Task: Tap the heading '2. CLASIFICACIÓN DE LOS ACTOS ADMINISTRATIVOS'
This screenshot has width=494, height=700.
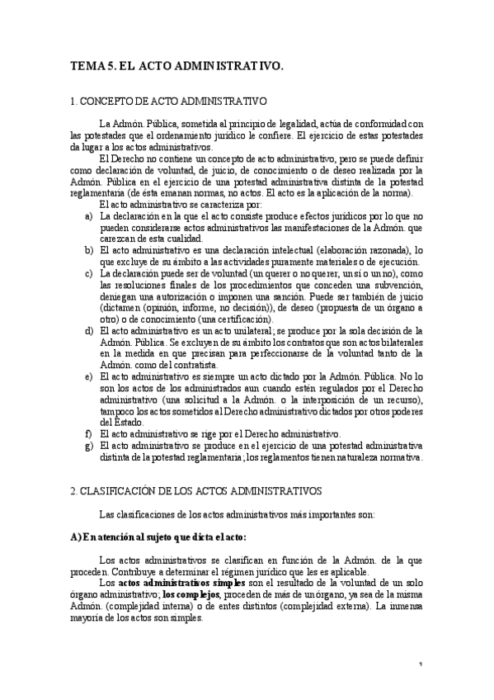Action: (200, 490)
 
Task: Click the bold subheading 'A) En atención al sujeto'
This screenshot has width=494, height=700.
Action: (158, 537)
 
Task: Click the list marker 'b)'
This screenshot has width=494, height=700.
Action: (88, 248)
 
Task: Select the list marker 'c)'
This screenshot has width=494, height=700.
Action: (88, 272)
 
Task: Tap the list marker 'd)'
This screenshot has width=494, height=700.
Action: (88, 330)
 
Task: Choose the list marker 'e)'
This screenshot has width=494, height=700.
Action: (88, 376)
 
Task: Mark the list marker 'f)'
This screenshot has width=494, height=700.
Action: (88, 433)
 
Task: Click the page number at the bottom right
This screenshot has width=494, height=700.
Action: (421, 664)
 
